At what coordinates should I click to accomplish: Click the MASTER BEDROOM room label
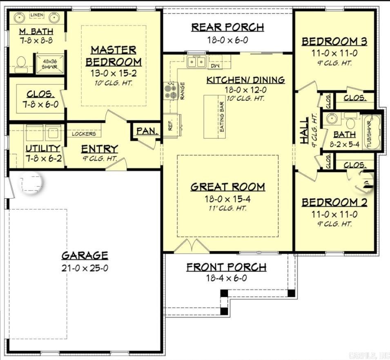pyautogui.click(x=114, y=56)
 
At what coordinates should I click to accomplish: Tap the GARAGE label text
pyautogui.click(x=85, y=256)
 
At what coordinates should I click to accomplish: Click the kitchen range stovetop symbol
pyautogui.click(x=170, y=91)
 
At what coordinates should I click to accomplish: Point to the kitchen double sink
pyautogui.click(x=196, y=62)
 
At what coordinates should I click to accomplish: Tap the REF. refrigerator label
pyautogui.click(x=171, y=124)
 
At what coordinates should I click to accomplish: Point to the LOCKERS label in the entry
pyautogui.click(x=84, y=133)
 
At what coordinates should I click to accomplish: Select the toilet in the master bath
pyautogui.click(x=21, y=63)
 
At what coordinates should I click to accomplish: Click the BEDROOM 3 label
pyautogui.click(x=334, y=41)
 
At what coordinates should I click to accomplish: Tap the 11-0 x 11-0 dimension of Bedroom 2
pyautogui.click(x=334, y=214)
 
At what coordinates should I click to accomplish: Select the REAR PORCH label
pyautogui.click(x=227, y=27)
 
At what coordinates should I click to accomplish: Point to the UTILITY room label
pyautogui.click(x=43, y=148)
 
